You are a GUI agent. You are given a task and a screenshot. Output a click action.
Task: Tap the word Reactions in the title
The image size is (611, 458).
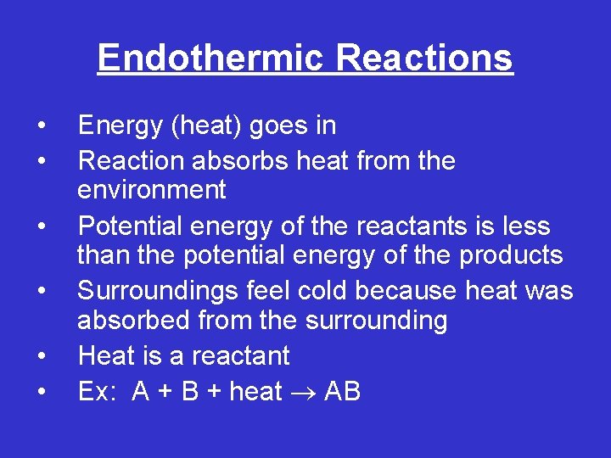(424, 58)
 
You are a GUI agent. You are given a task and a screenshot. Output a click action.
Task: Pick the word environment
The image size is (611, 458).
(151, 190)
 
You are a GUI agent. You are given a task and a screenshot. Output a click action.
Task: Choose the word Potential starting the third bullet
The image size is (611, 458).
(128, 226)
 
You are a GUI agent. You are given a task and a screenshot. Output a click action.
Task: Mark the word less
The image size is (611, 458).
(526, 226)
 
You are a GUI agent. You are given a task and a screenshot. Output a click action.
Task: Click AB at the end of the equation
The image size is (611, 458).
(342, 392)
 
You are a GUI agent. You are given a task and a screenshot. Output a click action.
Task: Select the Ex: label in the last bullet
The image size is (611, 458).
(98, 392)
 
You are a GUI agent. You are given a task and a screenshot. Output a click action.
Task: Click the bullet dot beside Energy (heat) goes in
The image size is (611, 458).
(42, 127)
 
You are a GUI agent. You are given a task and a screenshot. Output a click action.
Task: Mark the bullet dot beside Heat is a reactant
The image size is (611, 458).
(42, 356)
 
